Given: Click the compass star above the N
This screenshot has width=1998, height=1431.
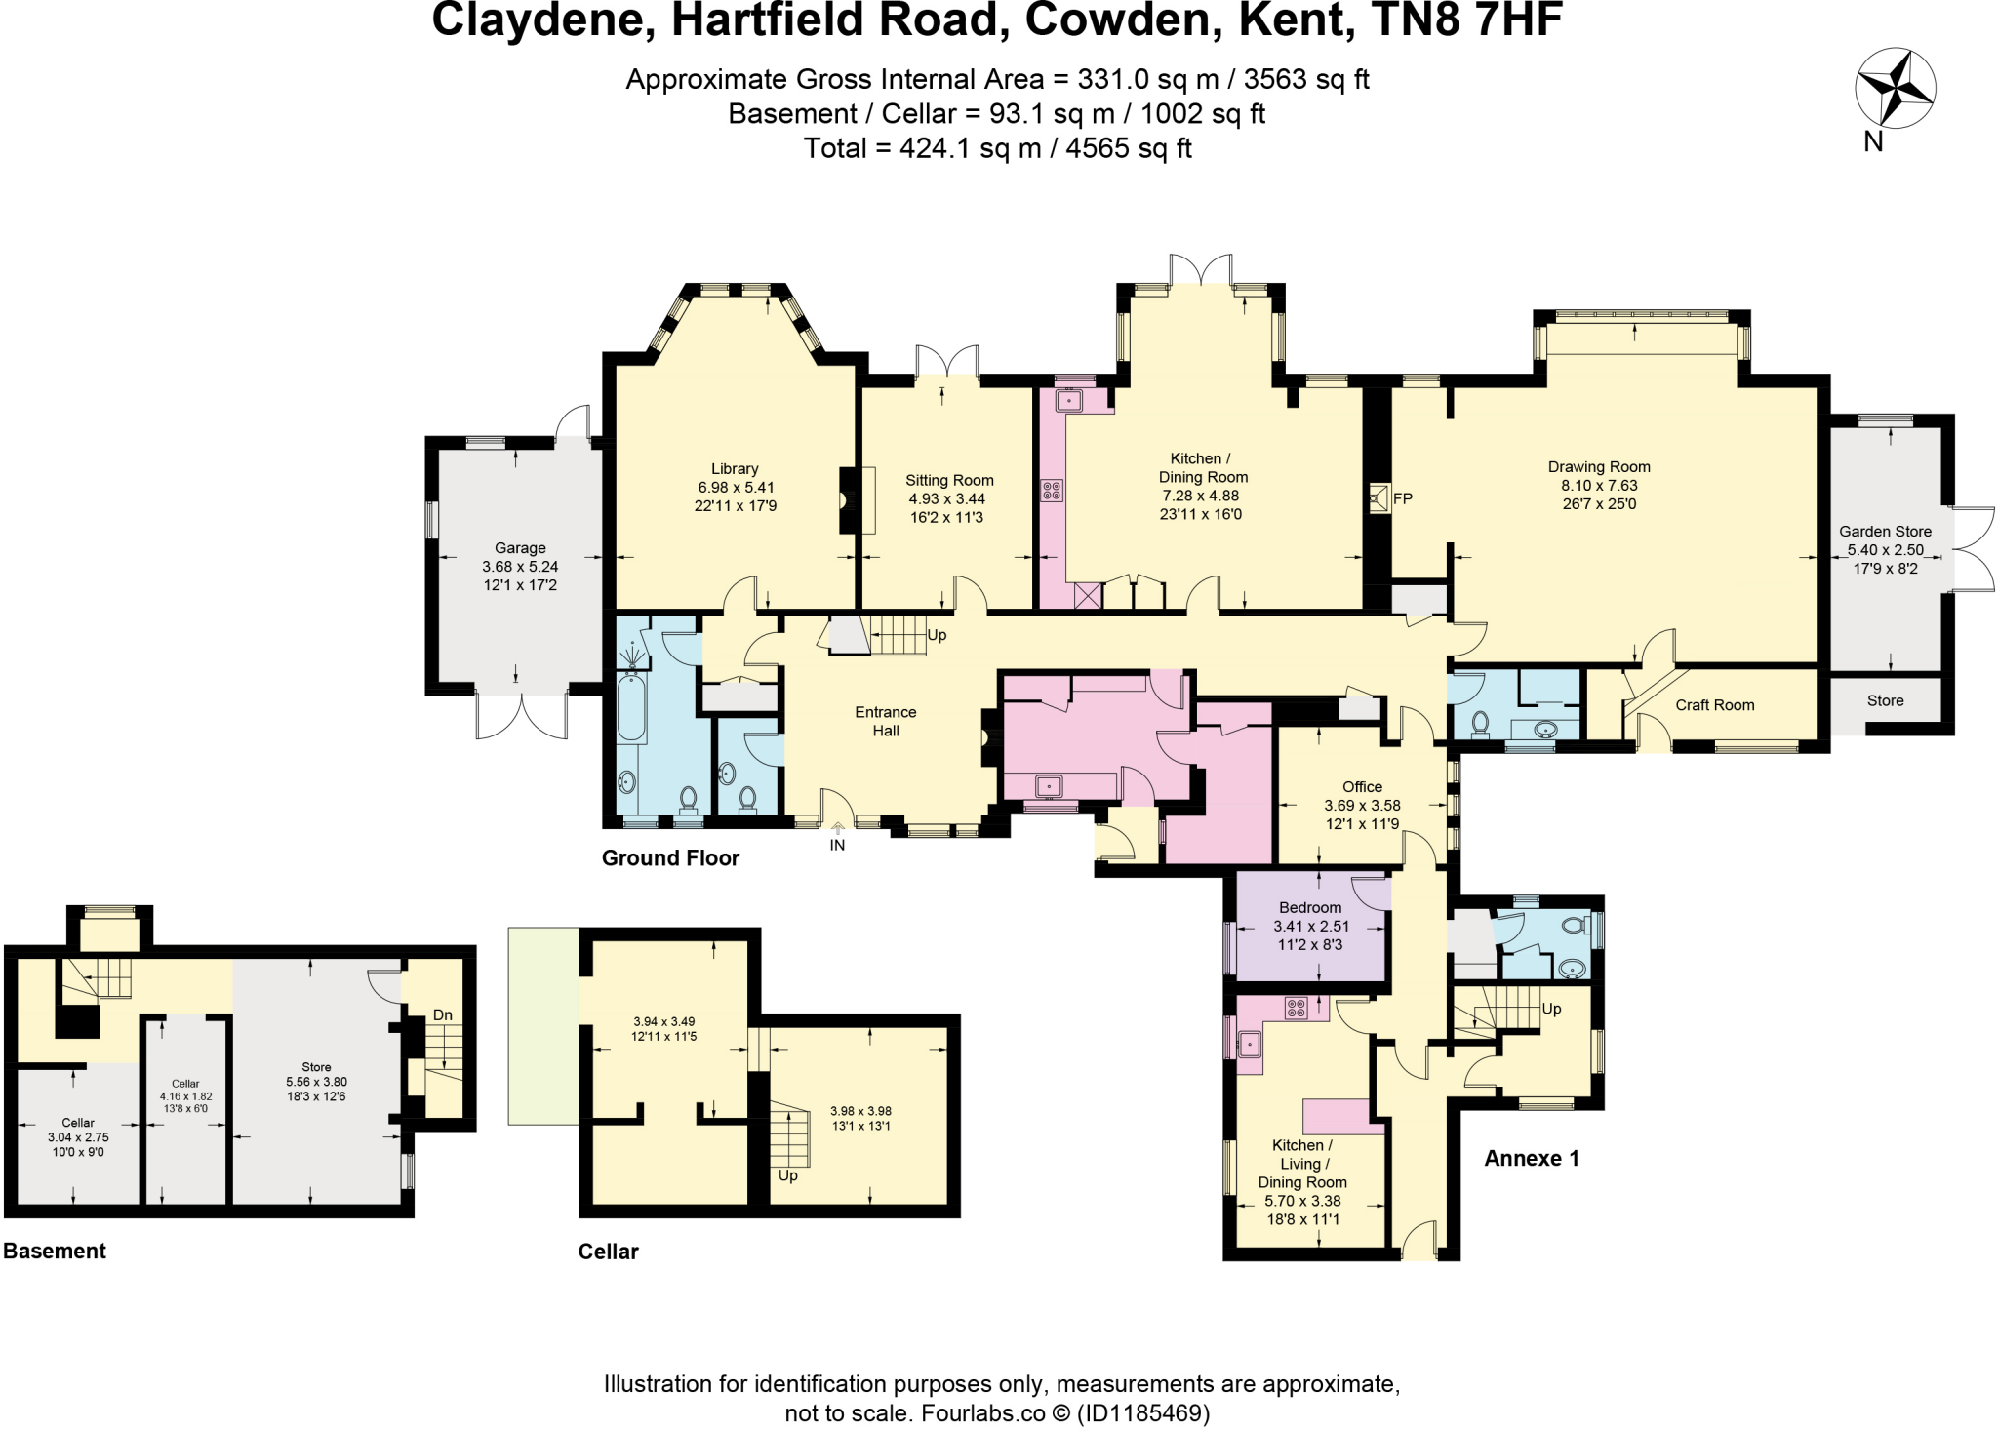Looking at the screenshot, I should tap(1895, 89).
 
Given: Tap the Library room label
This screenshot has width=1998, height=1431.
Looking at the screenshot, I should tap(735, 469).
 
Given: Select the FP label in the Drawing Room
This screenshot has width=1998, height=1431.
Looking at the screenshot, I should tap(1403, 498).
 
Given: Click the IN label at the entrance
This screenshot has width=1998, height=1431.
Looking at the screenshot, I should tap(837, 845).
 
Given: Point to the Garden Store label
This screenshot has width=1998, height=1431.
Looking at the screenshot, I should tap(1885, 532).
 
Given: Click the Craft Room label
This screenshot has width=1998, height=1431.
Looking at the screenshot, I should tap(1714, 705).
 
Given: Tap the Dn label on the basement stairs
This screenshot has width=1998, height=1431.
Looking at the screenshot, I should tap(443, 1014).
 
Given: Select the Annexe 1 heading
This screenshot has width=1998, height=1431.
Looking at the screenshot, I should tap(1531, 1158).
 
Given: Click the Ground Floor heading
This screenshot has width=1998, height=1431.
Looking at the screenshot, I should tap(670, 858).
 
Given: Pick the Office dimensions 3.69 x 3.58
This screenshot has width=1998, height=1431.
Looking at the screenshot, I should tap(1362, 806).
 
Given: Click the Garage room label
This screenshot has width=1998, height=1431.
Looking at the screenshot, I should tap(520, 548).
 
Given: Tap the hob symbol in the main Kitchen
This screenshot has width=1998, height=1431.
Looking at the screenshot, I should tap(1053, 490).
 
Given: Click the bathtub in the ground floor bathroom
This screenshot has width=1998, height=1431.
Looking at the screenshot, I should tap(631, 710).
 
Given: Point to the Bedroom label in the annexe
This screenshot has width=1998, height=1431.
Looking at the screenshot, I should tap(1310, 908).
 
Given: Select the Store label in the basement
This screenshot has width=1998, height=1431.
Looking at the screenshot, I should tap(316, 1067).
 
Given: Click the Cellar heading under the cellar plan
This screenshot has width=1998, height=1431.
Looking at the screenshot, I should tap(608, 1252).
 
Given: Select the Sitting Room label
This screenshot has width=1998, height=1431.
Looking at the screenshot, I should tap(949, 480).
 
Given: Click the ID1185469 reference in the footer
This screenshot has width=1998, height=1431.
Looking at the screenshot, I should tap(1142, 1412).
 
